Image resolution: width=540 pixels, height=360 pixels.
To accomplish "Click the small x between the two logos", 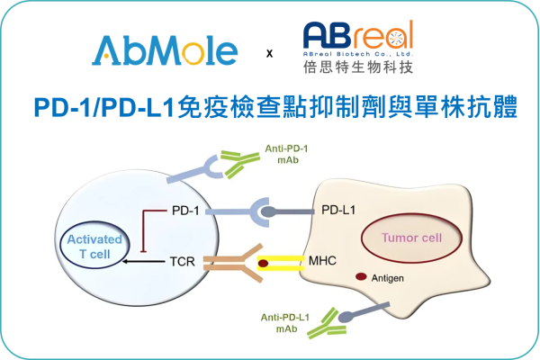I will coord(269,54).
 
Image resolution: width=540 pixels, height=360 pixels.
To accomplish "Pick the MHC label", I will coord(321,262).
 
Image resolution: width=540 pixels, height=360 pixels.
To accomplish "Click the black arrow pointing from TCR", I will coord(144,262).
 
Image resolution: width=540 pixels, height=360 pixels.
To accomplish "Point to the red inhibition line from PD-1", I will coord(144,229).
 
